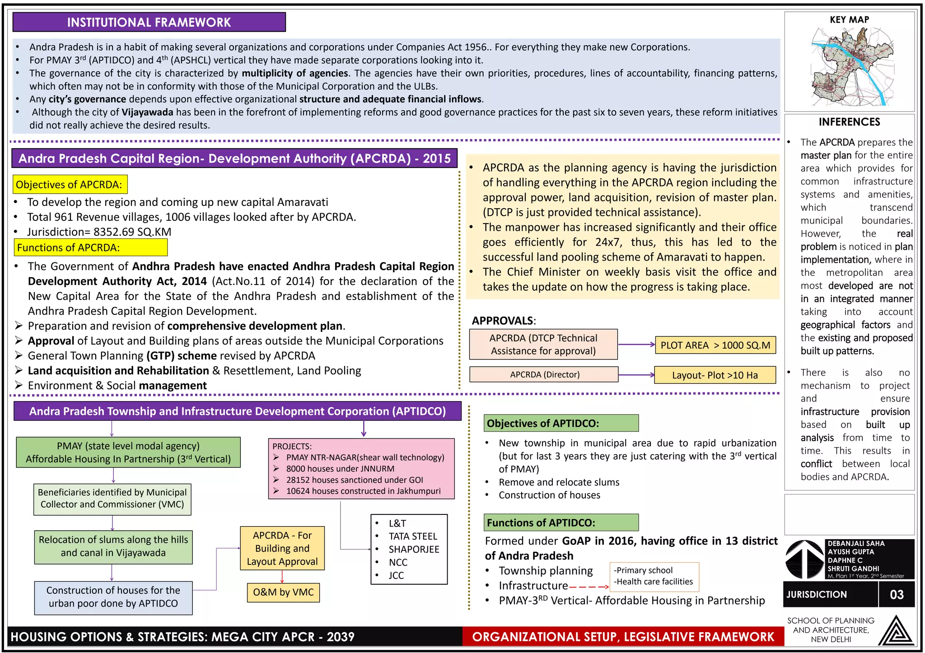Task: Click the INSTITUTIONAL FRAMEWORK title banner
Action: pyautogui.click(x=149, y=22)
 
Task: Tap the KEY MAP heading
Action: pyautogui.click(x=849, y=20)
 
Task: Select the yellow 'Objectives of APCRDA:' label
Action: pyautogui.click(x=70, y=184)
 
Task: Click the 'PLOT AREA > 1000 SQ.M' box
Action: pyautogui.click(x=715, y=345)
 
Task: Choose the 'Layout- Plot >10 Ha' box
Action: pyautogui.click(x=715, y=375)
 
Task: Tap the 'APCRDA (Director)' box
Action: pyautogui.click(x=544, y=374)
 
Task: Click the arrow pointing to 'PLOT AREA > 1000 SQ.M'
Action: pyautogui.click(x=636, y=345)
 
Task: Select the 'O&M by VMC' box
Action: pyautogui.click(x=283, y=592)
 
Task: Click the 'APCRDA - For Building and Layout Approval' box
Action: pyautogui.click(x=282, y=548)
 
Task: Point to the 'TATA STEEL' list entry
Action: pyautogui.click(x=413, y=536)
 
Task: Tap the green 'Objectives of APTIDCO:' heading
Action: pyautogui.click(x=561, y=423)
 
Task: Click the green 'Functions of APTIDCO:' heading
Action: pyautogui.click(x=561, y=522)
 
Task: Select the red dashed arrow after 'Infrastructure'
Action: pyautogui.click(x=589, y=587)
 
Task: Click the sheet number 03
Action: pyautogui.click(x=897, y=594)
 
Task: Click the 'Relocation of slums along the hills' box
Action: pyautogui.click(x=113, y=546)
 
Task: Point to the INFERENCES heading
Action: pyautogui.click(x=849, y=122)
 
